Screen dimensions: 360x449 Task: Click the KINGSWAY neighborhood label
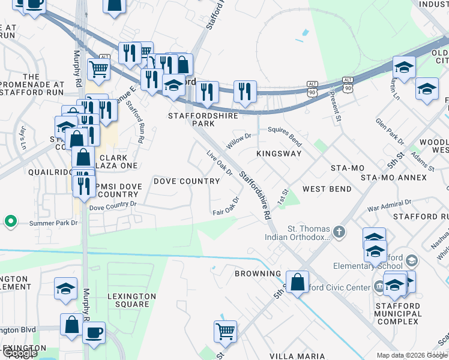click(279, 154)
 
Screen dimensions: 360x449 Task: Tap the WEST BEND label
click(327, 189)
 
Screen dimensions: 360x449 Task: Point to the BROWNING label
click(258, 274)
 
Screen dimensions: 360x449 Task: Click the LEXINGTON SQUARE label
click(128, 300)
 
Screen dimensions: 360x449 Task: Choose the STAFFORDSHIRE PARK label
click(202, 119)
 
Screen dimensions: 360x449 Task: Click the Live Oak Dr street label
click(220, 164)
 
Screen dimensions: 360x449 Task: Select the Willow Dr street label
click(238, 142)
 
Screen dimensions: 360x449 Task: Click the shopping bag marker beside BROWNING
click(297, 281)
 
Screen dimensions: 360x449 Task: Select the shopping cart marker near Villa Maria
click(224, 331)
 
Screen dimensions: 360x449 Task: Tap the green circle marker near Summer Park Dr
click(10, 222)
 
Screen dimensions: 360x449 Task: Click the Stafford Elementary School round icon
click(412, 260)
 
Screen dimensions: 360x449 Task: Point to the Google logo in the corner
click(19, 353)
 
